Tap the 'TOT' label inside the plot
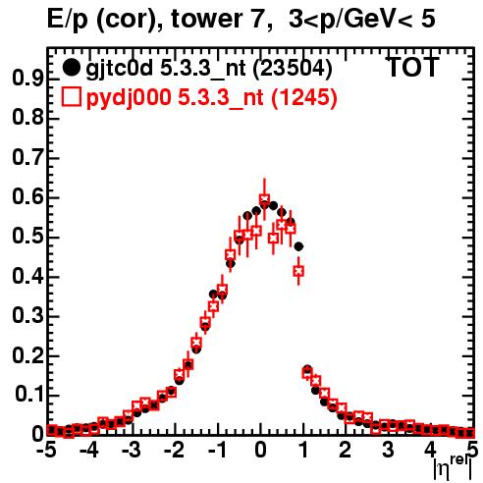coord(413,68)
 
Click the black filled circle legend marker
coord(71,68)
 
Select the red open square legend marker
coord(71,97)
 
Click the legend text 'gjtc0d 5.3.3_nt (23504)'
coord(209,69)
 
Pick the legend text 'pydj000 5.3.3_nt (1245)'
coord(211,98)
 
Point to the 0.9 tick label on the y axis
coord(27,79)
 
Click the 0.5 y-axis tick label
coord(27,237)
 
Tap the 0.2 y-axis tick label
coord(27,355)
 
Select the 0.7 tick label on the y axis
coord(27,158)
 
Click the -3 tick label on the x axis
coord(132,450)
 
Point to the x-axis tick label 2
coord(345,450)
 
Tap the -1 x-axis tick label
coord(218,450)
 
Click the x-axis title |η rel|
coord(454,467)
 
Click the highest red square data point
coord(264,198)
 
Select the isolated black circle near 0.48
coord(298,246)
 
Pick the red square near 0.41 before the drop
coord(298,271)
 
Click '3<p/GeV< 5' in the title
coord(362,19)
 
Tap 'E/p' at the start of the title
coord(68,20)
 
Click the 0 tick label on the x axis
coord(260,450)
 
